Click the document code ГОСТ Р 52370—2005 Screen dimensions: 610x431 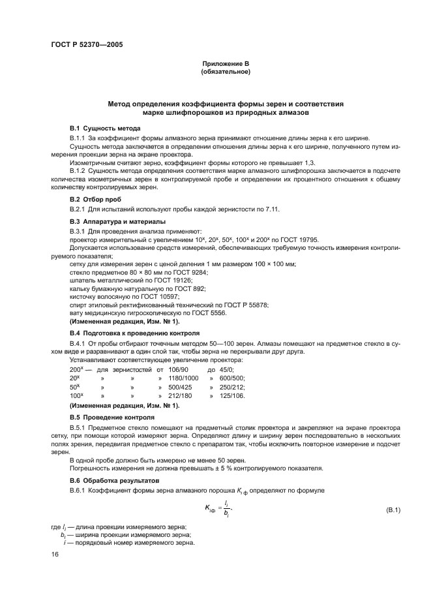[x=86, y=45]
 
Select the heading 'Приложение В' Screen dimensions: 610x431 [x=226, y=63]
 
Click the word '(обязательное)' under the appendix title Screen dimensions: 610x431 [x=226, y=71]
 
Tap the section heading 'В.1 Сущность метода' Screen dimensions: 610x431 [x=105, y=128]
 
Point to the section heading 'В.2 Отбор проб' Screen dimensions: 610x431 [x=95, y=199]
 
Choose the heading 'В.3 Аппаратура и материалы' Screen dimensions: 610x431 [x=113, y=222]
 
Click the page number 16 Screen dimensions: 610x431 [x=55, y=554]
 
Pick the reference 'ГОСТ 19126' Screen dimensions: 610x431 [x=167, y=280]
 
